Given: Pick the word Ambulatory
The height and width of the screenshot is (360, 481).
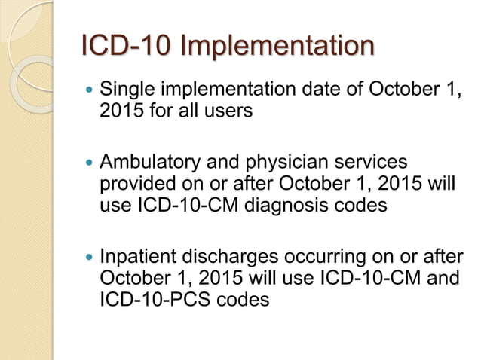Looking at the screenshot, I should point(150,163).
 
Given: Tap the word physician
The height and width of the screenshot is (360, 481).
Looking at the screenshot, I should point(300,163).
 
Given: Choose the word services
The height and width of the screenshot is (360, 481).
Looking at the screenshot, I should point(374,163).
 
